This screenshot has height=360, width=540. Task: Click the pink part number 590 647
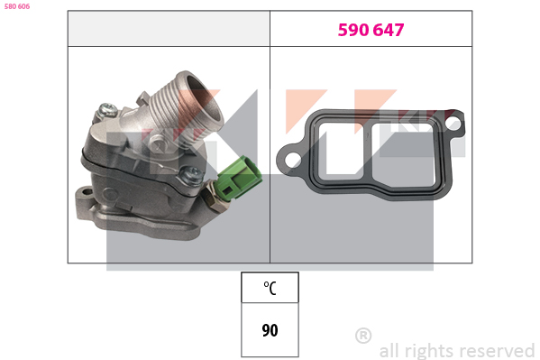(371, 30)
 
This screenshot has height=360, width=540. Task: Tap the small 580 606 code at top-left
(17, 6)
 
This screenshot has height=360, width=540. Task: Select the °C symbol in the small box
(270, 288)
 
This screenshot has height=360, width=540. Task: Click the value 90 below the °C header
(270, 330)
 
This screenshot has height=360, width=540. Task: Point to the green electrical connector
(238, 177)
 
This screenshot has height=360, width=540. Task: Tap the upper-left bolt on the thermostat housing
(107, 110)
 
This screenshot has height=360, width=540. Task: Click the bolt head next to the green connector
(190, 175)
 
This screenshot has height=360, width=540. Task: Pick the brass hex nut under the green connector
(216, 201)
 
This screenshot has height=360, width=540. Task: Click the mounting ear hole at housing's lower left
(87, 191)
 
